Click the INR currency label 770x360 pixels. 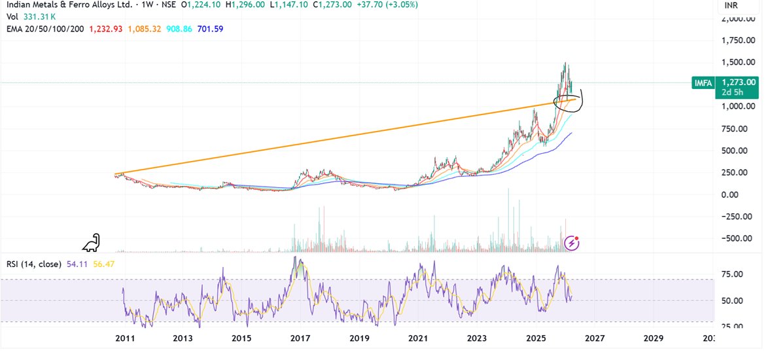click(x=732, y=6)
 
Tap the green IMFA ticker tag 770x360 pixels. click(x=703, y=82)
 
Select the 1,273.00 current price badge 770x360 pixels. click(x=739, y=82)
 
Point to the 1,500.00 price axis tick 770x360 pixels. click(x=739, y=62)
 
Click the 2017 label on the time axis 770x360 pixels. click(x=300, y=338)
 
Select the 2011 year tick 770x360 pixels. click(x=124, y=338)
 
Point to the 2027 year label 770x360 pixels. click(x=594, y=338)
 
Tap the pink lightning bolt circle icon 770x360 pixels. click(x=572, y=243)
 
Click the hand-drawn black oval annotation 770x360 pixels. click(x=567, y=101)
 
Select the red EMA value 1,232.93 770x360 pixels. click(x=105, y=29)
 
